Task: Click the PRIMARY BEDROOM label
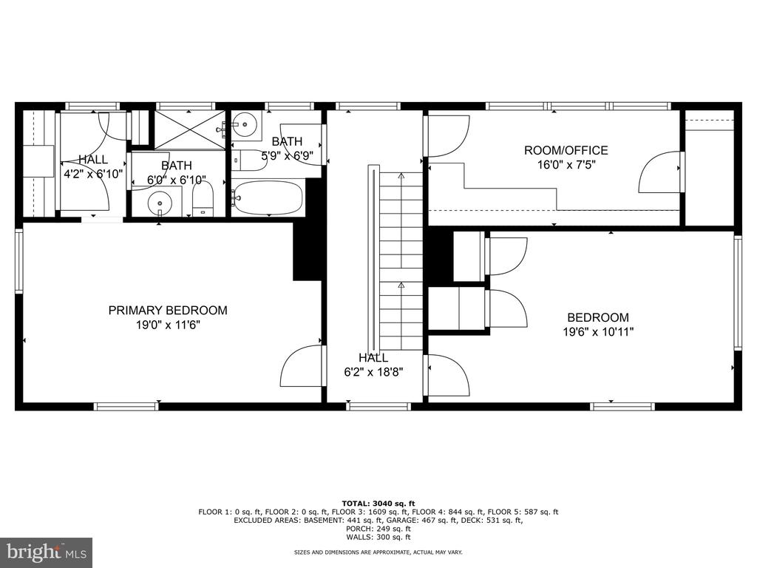click(x=168, y=310)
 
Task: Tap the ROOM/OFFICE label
click(x=566, y=150)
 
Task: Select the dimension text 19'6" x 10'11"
click(x=597, y=332)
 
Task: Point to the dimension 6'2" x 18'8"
click(x=373, y=373)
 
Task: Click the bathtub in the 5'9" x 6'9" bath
click(x=267, y=198)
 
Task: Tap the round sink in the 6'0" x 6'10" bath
click(x=160, y=203)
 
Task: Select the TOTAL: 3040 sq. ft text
click(x=378, y=504)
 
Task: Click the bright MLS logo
click(x=47, y=552)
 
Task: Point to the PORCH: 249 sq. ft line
click(x=378, y=528)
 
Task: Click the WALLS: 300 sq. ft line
click(x=378, y=537)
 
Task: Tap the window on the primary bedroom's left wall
click(x=18, y=261)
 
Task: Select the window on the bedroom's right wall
click(x=738, y=293)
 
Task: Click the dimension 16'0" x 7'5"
click(x=566, y=165)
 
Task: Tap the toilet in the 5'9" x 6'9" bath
click(x=249, y=160)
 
